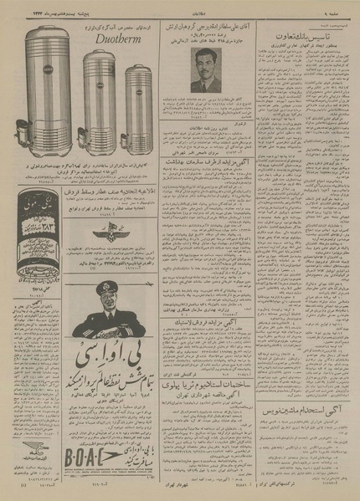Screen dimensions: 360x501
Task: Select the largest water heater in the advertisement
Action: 47,88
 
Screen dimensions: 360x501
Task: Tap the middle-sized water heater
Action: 98,96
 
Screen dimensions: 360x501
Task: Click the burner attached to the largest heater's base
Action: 23,151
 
